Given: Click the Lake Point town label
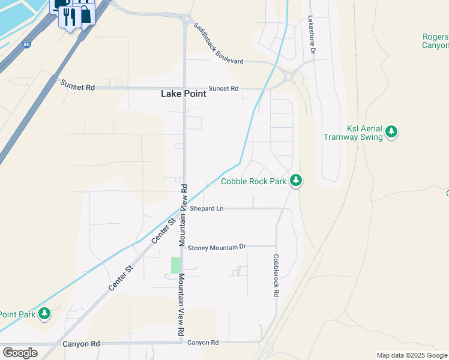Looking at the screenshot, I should (x=184, y=94).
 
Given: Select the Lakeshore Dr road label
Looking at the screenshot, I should (x=312, y=35).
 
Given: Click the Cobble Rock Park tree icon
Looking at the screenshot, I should (x=295, y=180).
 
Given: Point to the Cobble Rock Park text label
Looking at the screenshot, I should (x=253, y=181).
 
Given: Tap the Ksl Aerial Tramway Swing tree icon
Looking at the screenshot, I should (x=391, y=131).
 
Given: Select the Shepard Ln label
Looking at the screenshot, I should (x=206, y=209).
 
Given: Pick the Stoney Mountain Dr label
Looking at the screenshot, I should (x=217, y=247).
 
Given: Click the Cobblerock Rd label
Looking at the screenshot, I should (x=276, y=275).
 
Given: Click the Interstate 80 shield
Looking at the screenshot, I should (x=25, y=44).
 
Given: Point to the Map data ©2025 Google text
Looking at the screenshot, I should (x=411, y=355).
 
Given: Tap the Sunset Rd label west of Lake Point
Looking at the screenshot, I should (x=77, y=87).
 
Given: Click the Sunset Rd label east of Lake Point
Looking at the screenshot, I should (x=224, y=88).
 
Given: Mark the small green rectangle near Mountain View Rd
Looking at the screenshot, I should (x=175, y=265).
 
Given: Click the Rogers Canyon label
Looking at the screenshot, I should (x=435, y=41).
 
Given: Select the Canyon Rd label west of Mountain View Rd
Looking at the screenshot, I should (x=81, y=344).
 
